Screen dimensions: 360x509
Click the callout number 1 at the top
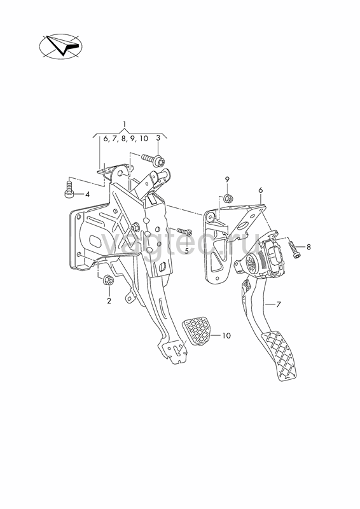(x=124, y=123)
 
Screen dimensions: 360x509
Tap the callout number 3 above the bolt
(x=158, y=137)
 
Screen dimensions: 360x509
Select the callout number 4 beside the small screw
(x=87, y=195)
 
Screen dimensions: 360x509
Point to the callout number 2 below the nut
(x=109, y=301)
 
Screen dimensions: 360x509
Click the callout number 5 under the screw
(x=186, y=250)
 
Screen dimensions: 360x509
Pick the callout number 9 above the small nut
(x=227, y=179)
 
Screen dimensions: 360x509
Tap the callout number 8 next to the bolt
(x=308, y=247)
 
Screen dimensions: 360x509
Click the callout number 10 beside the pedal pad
(x=226, y=335)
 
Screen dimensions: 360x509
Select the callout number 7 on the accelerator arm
(x=278, y=305)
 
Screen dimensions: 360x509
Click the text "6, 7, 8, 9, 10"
(x=126, y=139)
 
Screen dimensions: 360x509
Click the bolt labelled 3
(x=153, y=160)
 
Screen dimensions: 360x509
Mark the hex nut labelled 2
(x=108, y=280)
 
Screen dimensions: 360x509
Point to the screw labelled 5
(x=184, y=232)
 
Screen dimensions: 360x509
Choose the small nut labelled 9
(x=227, y=197)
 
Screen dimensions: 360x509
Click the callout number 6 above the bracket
(x=260, y=190)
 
